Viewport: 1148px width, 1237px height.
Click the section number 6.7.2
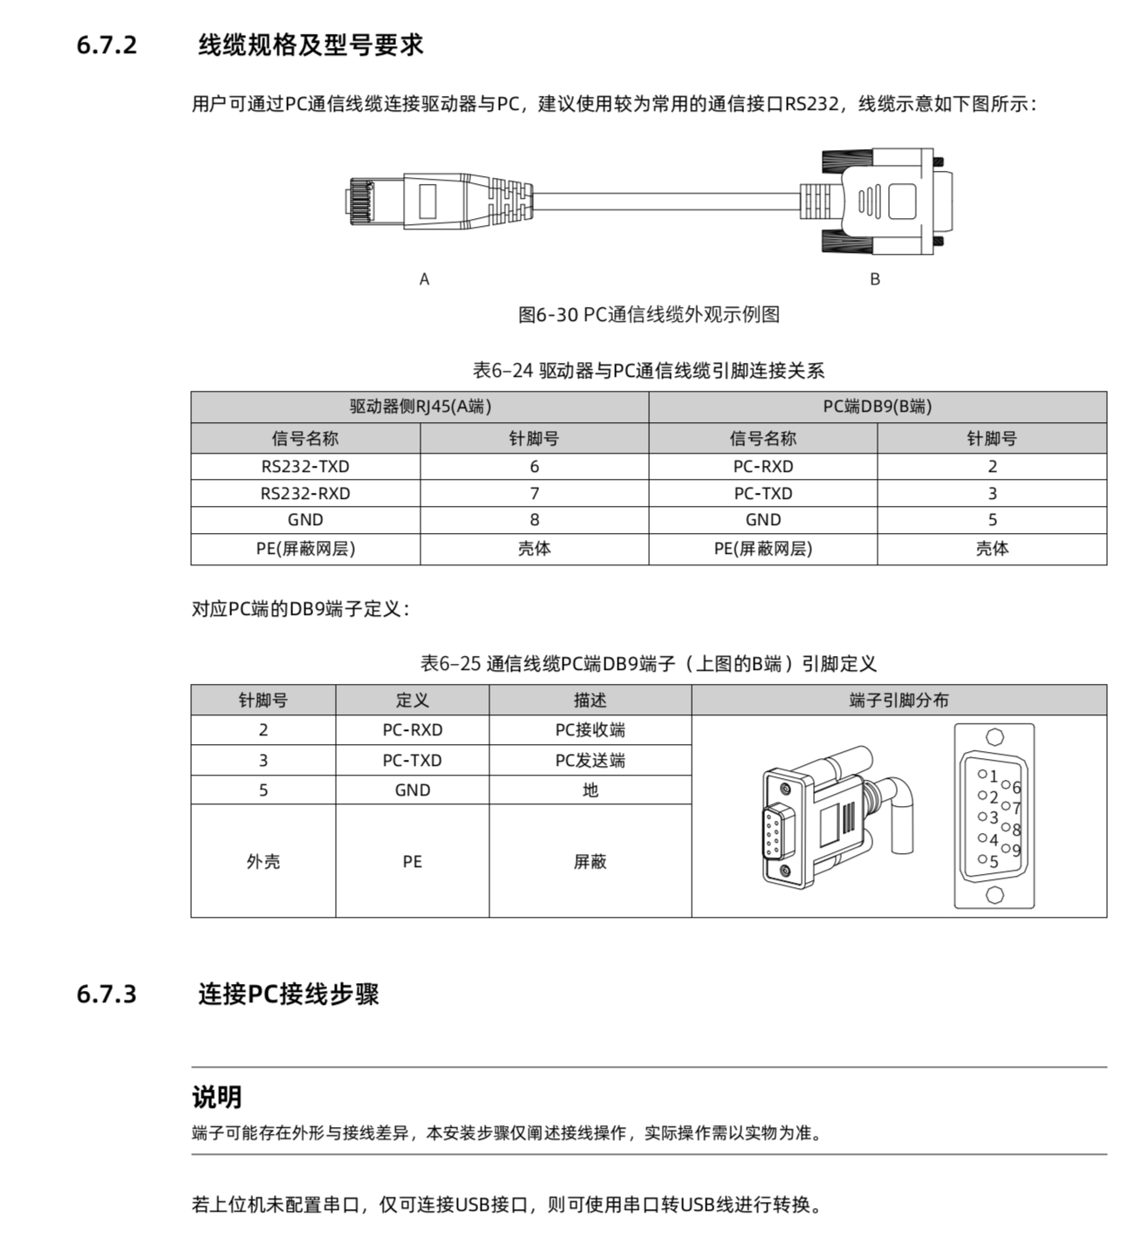pyautogui.click(x=106, y=45)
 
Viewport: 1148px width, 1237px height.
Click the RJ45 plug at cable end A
pyautogui.click(x=436, y=201)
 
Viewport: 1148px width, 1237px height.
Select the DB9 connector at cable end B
pyautogui.click(x=881, y=201)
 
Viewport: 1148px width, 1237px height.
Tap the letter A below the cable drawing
pyautogui.click(x=424, y=279)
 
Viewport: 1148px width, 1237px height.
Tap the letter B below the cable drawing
pyautogui.click(x=874, y=279)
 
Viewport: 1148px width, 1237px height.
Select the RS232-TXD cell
pyautogui.click(x=305, y=467)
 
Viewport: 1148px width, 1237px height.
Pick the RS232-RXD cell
pyautogui.click(x=305, y=494)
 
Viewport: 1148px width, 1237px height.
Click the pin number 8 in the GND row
pyautogui.click(x=534, y=520)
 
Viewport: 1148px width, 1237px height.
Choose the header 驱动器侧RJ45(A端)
pyautogui.click(x=420, y=407)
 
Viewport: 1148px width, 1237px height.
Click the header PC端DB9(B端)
pyautogui.click(x=877, y=407)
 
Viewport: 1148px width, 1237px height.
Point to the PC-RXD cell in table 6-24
pyautogui.click(x=762, y=467)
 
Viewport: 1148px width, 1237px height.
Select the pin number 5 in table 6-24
pyautogui.click(x=992, y=520)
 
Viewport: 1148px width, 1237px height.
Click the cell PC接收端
pyautogui.click(x=590, y=730)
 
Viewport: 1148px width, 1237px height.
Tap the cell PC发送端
pyautogui.click(x=590, y=761)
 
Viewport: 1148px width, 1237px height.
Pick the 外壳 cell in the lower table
pyautogui.click(x=263, y=862)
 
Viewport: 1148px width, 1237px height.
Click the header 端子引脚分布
pyautogui.click(x=899, y=701)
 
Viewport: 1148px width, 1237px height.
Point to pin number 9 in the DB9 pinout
pyautogui.click(x=1016, y=850)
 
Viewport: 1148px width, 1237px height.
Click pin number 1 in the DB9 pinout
pyautogui.click(x=993, y=776)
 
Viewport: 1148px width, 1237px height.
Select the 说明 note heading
pyautogui.click(x=216, y=1097)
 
